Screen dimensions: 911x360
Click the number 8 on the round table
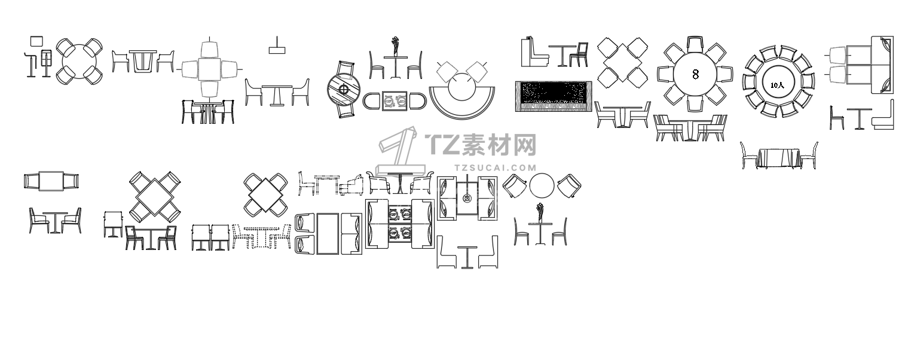(x=695, y=74)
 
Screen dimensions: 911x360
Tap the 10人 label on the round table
(x=777, y=86)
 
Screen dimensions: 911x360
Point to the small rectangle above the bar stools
(x=36, y=41)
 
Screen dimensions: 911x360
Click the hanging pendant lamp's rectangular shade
(x=277, y=50)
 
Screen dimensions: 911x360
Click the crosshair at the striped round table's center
(x=344, y=90)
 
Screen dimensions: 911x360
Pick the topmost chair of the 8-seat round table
(x=695, y=44)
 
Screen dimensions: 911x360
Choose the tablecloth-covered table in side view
(x=779, y=158)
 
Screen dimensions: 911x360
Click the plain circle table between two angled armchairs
(x=542, y=185)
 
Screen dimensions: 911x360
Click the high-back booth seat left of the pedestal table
(x=534, y=52)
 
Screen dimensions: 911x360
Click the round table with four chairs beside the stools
(x=80, y=62)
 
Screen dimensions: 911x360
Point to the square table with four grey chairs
(x=209, y=69)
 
